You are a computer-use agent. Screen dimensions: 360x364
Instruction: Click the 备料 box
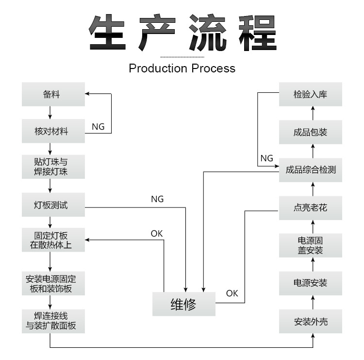(x=53, y=94)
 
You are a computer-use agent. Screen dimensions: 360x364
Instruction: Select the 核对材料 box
(x=53, y=131)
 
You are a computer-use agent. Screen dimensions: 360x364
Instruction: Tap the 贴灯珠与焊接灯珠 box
(x=53, y=167)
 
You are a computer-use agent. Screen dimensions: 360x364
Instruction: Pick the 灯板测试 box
(x=53, y=205)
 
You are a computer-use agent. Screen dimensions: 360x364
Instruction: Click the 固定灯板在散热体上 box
(x=53, y=240)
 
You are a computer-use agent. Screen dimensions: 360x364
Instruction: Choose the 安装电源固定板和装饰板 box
(x=53, y=284)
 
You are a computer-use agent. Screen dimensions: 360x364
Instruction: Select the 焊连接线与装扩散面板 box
(x=53, y=321)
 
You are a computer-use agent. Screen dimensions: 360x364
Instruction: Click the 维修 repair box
(x=183, y=305)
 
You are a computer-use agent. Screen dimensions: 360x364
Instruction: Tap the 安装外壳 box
(x=311, y=321)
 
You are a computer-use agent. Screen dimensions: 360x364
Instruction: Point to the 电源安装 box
(x=311, y=283)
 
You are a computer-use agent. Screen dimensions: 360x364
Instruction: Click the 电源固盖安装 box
(x=311, y=245)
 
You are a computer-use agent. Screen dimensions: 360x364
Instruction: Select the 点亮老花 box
(x=311, y=207)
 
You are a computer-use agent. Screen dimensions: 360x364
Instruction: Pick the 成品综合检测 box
(x=311, y=170)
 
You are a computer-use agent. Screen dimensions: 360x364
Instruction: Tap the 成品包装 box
(x=311, y=132)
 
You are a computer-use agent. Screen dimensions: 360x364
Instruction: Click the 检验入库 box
(x=311, y=94)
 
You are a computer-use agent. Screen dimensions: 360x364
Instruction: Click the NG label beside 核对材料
(x=98, y=126)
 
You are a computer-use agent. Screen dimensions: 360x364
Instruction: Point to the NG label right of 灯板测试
(x=157, y=199)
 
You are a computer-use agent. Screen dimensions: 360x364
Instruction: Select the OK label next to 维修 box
(x=232, y=293)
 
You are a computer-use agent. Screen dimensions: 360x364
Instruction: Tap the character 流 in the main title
(x=208, y=33)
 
